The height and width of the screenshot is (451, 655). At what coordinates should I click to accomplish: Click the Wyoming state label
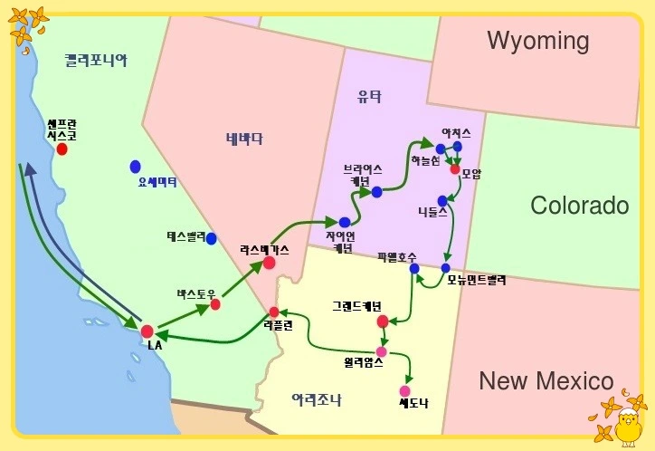click(x=537, y=41)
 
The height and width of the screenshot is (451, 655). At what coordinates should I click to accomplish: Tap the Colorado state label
click(x=579, y=206)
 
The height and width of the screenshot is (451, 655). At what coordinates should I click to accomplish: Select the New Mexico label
click(x=546, y=380)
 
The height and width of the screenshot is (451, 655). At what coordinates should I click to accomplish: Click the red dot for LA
click(x=147, y=331)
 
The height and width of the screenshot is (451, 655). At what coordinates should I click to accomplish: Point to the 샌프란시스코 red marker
click(x=62, y=149)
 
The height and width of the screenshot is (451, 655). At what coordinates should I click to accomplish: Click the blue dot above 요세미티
click(x=136, y=167)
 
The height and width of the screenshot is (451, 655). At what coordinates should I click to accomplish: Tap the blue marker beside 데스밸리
click(x=211, y=238)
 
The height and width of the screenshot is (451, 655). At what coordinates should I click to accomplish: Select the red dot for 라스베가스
click(x=269, y=263)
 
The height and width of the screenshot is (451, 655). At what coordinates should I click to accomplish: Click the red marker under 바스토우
click(x=215, y=304)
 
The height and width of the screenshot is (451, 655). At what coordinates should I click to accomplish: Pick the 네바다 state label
click(x=244, y=139)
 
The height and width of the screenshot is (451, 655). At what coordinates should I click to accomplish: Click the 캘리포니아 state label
click(x=96, y=61)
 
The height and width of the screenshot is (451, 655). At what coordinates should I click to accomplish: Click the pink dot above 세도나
click(x=404, y=391)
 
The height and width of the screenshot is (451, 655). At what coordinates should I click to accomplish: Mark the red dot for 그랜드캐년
click(x=383, y=321)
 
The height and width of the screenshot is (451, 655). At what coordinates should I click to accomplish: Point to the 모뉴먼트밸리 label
click(x=477, y=281)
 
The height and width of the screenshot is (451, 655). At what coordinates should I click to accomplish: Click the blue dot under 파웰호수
click(x=414, y=268)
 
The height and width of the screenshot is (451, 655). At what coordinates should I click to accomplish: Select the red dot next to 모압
click(x=455, y=169)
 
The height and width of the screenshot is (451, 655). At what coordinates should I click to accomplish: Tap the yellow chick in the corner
click(x=627, y=425)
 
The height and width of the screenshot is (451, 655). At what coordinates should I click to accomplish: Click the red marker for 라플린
click(x=274, y=312)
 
